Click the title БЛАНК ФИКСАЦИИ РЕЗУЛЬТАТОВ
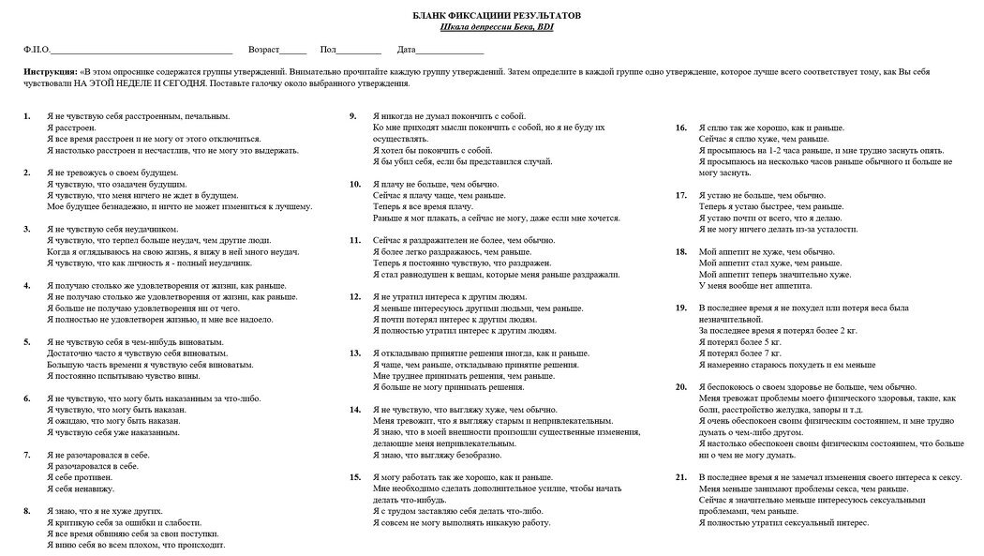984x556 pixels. tap(497, 17)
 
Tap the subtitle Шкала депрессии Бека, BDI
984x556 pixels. tap(497, 27)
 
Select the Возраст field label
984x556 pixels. tap(263, 49)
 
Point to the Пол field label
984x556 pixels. tap(328, 49)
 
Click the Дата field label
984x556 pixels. tap(406, 49)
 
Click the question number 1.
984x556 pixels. tap(26, 116)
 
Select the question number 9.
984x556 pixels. tap(352, 116)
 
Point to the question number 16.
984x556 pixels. tap(681, 128)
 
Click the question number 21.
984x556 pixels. tap(681, 477)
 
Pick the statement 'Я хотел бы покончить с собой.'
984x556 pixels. tap(432, 150)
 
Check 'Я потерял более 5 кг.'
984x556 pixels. tap(740, 342)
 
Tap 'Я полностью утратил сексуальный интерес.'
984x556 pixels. tap(778, 522)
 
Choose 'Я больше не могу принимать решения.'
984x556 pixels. tap(448, 386)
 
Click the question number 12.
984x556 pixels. tap(354, 296)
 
